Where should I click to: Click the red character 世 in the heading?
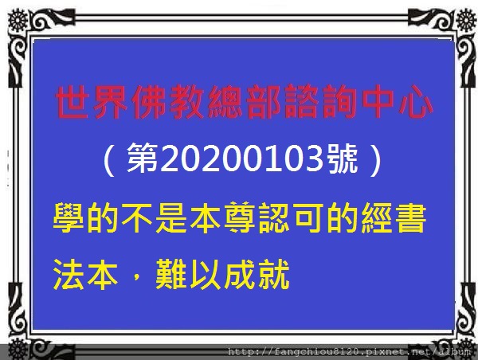coord(72,102)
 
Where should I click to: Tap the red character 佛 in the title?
coord(150,102)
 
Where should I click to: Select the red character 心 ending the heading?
coord(416,102)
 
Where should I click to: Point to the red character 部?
coord(264,102)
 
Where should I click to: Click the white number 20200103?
coord(242,158)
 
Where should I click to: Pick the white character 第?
coord(143,158)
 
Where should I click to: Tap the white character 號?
coord(342,158)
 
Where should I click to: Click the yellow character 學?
coord(69,218)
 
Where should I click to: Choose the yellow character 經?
coord(377,218)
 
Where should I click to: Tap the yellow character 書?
coord(410,218)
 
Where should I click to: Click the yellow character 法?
coord(69,275)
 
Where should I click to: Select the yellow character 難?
coord(171,275)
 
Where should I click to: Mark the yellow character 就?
coord(274,275)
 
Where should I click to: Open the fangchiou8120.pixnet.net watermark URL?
coord(350,352)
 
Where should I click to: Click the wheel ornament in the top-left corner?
coord(18,21)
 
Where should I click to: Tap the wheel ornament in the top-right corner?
coord(466,21)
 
